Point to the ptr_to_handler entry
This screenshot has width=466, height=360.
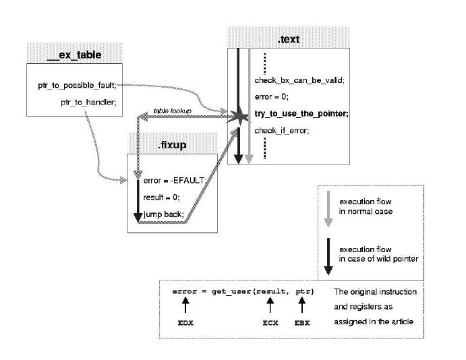pyautogui.click(x=88, y=102)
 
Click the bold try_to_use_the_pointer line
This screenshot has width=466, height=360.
pyautogui.click(x=301, y=114)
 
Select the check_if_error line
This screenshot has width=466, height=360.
pyautogui.click(x=281, y=130)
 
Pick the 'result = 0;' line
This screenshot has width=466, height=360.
pyautogui.click(x=161, y=198)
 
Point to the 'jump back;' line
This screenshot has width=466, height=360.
pyautogui.click(x=159, y=214)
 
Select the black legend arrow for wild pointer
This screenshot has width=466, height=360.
pyautogui.click(x=329, y=256)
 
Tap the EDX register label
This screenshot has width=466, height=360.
pyautogui.click(x=185, y=324)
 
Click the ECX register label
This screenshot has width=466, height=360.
pyautogui.click(x=270, y=324)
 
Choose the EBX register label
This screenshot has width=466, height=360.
pyautogui.click(x=303, y=324)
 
